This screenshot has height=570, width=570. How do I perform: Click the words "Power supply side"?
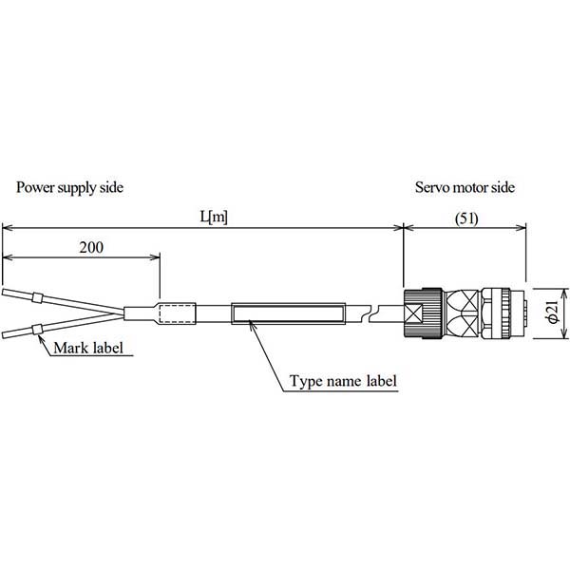(x=69, y=187)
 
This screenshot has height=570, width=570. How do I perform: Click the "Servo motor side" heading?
(x=465, y=187)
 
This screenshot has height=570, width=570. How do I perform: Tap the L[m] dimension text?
(x=213, y=217)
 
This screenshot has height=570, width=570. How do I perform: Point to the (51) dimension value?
(x=465, y=217)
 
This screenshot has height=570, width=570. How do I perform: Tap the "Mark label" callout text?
(x=90, y=347)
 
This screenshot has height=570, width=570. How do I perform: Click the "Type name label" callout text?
(x=343, y=382)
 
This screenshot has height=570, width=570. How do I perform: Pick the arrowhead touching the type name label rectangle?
(x=251, y=325)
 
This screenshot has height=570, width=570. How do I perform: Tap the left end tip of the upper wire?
(x=3, y=292)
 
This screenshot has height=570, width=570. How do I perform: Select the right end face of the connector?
(x=525, y=313)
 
